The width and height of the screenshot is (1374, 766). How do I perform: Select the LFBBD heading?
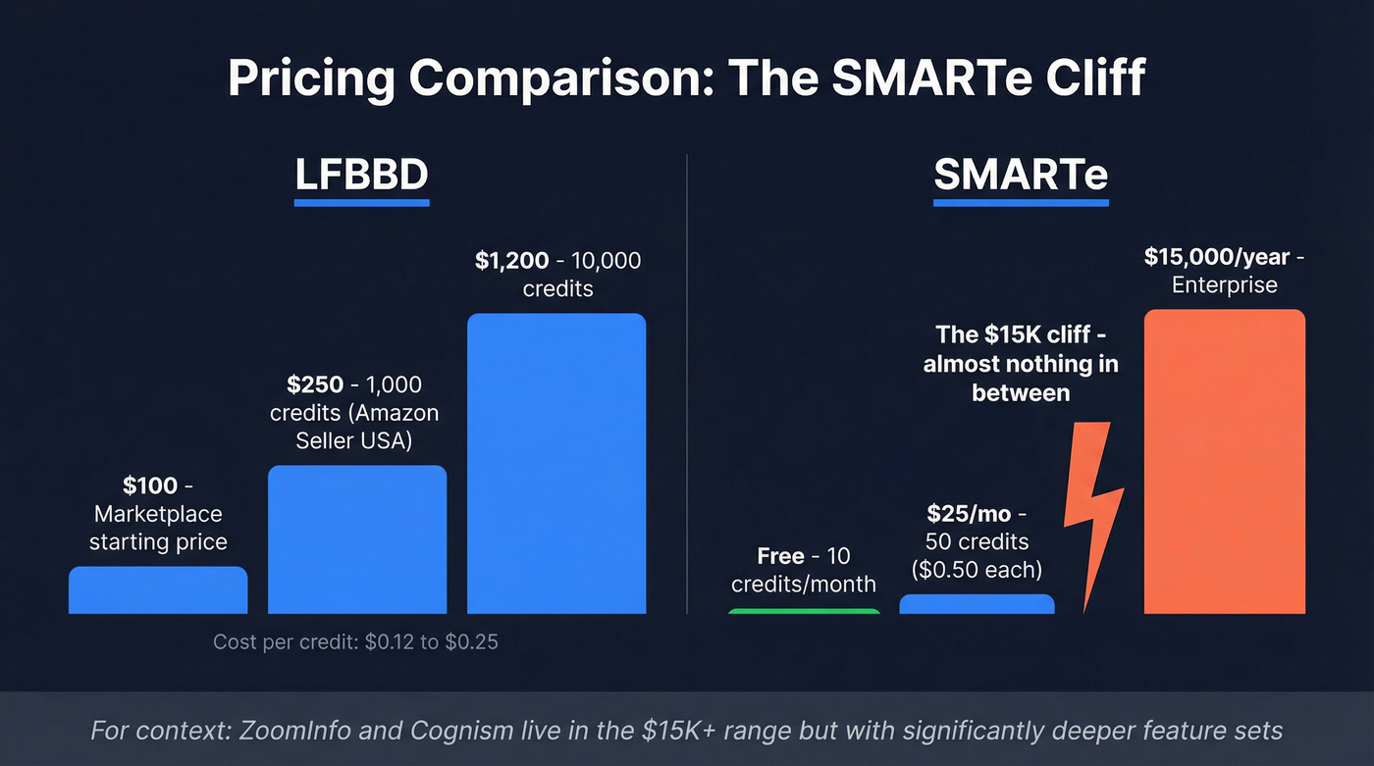point(361,175)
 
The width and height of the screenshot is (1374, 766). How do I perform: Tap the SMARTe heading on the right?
point(1021,175)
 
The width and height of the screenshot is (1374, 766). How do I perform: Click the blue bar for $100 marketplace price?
point(158,590)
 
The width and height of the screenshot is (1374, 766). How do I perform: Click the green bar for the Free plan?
point(805,611)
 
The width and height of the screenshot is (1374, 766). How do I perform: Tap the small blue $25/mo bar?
point(977,604)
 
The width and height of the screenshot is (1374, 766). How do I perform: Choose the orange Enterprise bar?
point(1224,462)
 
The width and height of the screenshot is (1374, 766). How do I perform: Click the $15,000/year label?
point(1217,257)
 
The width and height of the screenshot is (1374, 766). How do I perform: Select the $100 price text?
point(150,485)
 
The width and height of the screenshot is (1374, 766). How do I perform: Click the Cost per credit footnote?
point(355,643)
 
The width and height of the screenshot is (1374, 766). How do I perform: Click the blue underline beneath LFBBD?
point(361,203)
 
